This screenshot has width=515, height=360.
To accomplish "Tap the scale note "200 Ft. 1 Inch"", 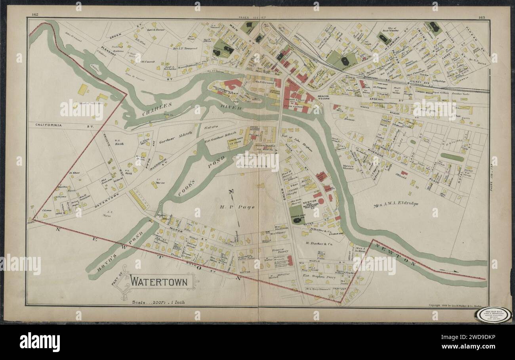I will pos(158,302).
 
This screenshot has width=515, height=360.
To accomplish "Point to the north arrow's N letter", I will pos(231,191).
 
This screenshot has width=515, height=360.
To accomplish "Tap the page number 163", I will pos(481,17).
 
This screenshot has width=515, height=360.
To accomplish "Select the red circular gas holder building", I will pos(321,201).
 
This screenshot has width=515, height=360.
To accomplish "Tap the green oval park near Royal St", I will pos(452,157).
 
